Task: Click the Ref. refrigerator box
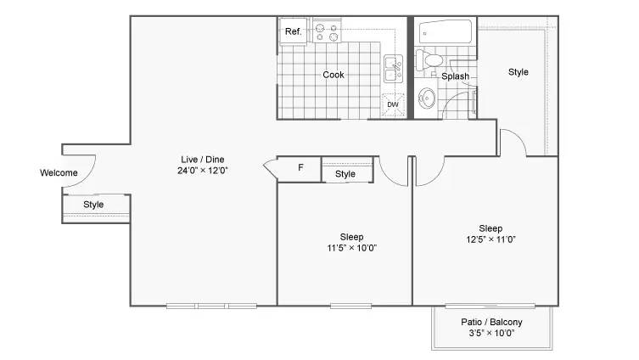coord(293,31)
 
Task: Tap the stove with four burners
coord(328,31)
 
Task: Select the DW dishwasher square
coord(393,104)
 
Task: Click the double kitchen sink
coord(393,69)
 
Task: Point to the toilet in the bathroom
coord(429,60)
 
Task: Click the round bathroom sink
coord(427,98)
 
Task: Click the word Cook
coord(334,75)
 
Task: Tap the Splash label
coord(455,76)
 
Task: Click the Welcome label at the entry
coord(59,172)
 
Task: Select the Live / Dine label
coord(203,160)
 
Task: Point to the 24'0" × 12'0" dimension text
coord(202,171)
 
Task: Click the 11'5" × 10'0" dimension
coord(351,247)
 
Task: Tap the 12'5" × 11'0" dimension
coord(490,239)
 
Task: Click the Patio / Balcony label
coord(491,322)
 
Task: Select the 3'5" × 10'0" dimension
coord(491,333)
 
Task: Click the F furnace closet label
coord(300,167)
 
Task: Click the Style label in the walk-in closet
coord(518,72)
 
